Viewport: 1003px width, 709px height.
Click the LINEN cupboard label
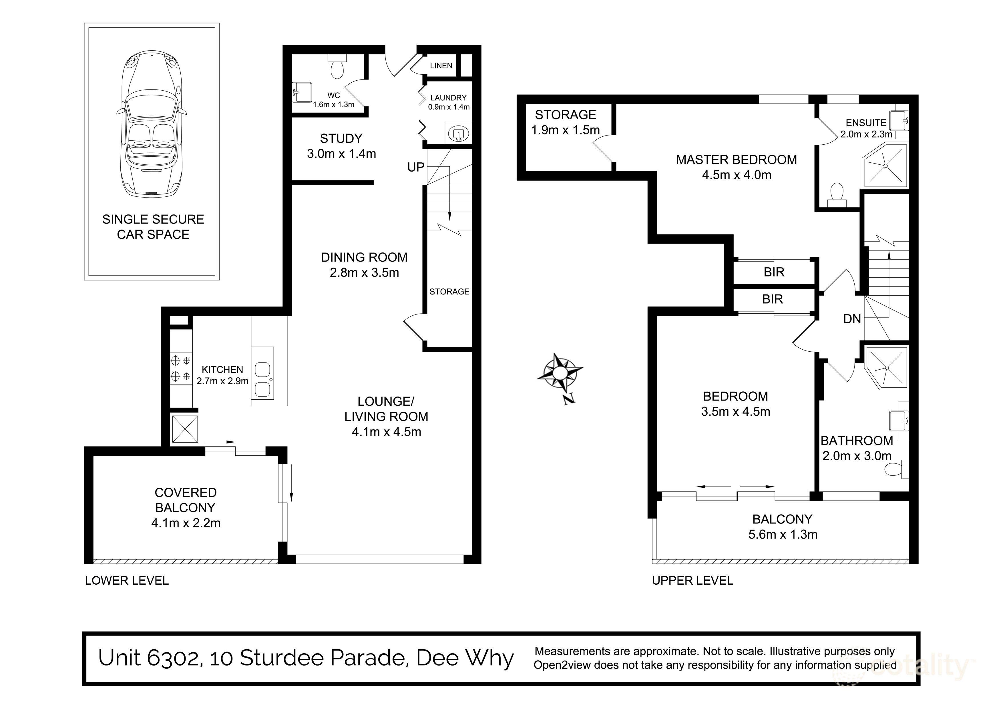point(441,65)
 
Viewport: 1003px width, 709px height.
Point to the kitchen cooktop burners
point(181,368)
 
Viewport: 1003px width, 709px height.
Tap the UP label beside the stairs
point(415,167)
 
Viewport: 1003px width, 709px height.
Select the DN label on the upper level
point(852,319)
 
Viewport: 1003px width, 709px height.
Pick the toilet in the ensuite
point(837,195)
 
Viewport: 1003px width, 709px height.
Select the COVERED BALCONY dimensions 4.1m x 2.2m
point(186,523)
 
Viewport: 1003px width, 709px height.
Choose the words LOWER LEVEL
point(127,581)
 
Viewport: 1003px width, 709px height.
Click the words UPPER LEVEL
point(692,581)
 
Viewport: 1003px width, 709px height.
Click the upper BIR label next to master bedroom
point(774,272)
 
